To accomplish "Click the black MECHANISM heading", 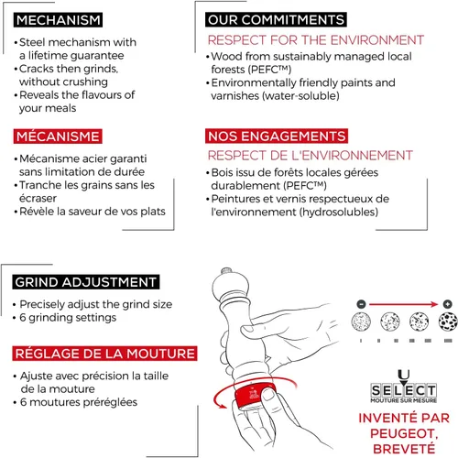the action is [x=58, y=20].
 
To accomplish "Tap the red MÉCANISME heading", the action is [x=58, y=136].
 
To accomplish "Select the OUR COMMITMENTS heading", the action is [x=276, y=20].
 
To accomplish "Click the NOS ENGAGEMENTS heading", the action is [x=277, y=136].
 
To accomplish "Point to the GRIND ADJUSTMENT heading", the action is [x=86, y=282].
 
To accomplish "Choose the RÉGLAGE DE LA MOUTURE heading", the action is [x=104, y=354].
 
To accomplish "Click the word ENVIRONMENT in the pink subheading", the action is [x=377, y=40].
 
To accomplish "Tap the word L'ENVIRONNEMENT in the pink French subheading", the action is [x=352, y=156].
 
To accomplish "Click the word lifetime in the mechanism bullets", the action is [x=49, y=55].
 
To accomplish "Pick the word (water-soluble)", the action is [x=300, y=96].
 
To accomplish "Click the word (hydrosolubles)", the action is [x=339, y=212].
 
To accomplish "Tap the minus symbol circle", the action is [x=361, y=304].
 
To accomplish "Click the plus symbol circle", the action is [x=447, y=304].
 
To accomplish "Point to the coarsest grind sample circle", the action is [x=448, y=322].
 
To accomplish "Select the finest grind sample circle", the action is [x=361, y=322].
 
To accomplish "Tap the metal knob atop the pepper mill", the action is [x=226, y=271].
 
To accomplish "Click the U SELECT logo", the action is [x=404, y=387].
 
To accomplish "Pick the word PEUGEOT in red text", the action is [x=404, y=433].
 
